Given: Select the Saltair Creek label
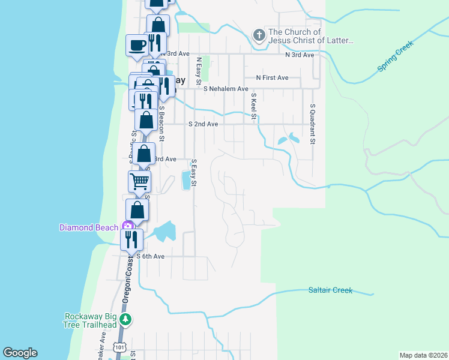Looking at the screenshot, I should pyautogui.click(x=330, y=290).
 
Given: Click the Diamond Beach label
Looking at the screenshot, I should pyautogui.click(x=89, y=227).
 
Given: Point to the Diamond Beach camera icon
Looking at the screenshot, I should pyautogui.click(x=127, y=226).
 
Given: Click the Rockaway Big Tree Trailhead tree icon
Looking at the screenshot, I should pyautogui.click(x=125, y=318).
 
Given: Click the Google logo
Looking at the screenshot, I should pyautogui.click(x=20, y=353).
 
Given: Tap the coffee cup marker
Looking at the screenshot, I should pyautogui.click(x=136, y=45).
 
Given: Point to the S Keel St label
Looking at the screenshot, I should pyautogui.click(x=254, y=106).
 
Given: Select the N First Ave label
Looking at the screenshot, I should pyautogui.click(x=272, y=78).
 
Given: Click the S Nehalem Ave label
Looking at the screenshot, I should pyautogui.click(x=226, y=89).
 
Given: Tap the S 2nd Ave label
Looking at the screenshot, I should pyautogui.click(x=203, y=124).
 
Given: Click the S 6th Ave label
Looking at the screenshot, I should pyautogui.click(x=150, y=256).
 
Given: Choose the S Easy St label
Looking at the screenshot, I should pyautogui.click(x=194, y=173).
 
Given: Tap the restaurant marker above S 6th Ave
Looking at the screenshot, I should pyautogui.click(x=132, y=239).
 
